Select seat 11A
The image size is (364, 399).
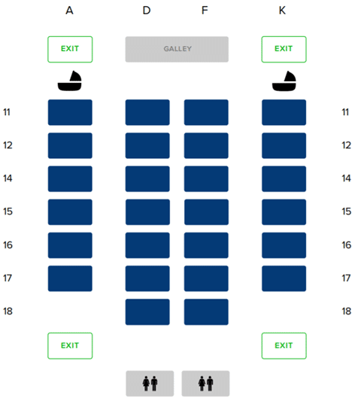click(70, 112)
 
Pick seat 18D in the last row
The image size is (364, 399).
click(147, 312)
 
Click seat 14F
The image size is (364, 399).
click(206, 178)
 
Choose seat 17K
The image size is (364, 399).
click(284, 279)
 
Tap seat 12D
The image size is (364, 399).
click(147, 145)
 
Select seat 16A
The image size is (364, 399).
click(70, 245)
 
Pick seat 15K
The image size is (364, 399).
click(284, 212)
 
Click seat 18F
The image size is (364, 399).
click(206, 312)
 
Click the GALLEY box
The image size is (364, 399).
click(177, 49)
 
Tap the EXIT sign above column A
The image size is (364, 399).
click(70, 49)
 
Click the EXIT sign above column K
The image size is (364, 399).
click(284, 49)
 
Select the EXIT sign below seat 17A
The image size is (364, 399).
click(70, 346)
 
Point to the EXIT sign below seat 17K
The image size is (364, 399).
click(284, 346)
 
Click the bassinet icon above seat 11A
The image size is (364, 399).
click(70, 81)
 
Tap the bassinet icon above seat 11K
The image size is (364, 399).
click(284, 81)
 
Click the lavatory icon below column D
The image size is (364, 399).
click(150, 383)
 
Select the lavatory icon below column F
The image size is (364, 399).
click(205, 383)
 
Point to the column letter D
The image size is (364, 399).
click(147, 11)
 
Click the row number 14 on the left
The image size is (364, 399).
click(8, 178)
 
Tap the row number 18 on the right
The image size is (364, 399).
click(346, 311)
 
